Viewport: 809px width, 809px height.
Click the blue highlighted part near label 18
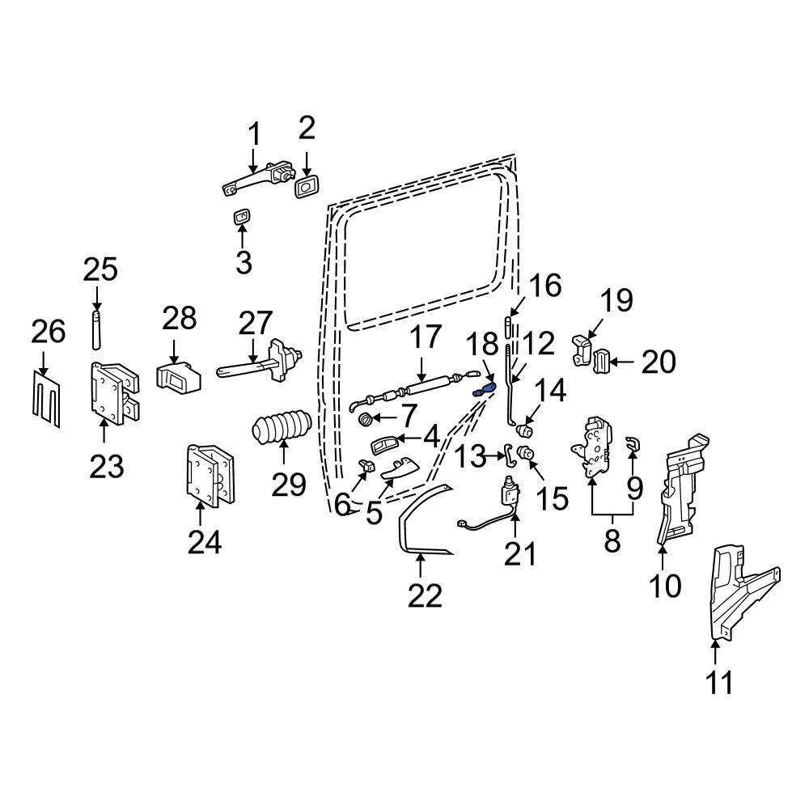pos(483,391)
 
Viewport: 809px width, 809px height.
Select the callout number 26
pos(48,331)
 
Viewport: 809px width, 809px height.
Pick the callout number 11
pos(718,682)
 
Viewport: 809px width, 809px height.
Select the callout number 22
pos(425,595)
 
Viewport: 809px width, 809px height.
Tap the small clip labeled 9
pos(633,442)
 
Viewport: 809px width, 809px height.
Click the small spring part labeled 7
pos(366,419)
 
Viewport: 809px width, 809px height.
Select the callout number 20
pos(658,362)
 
